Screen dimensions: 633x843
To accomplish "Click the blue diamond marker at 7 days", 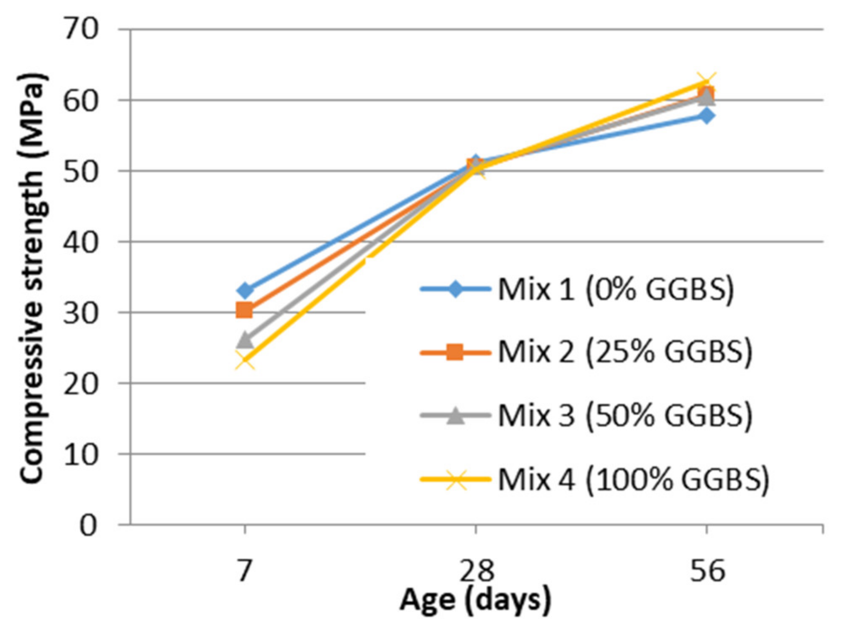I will [x=245, y=290].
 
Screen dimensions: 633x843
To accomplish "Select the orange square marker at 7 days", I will [x=244, y=310].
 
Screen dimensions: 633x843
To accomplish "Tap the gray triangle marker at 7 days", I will [x=245, y=339].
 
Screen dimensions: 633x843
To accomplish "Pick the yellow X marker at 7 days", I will [x=245, y=361].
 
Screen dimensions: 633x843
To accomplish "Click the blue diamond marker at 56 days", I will [x=707, y=115].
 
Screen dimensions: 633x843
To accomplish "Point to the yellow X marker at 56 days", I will [x=707, y=82].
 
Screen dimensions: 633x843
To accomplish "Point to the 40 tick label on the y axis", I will [x=81, y=242].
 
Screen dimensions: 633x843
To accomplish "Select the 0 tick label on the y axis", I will [x=88, y=526].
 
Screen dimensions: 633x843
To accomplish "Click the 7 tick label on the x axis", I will [x=245, y=571].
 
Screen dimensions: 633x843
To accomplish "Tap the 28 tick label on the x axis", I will [x=476, y=571].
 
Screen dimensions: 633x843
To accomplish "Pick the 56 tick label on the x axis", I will [x=707, y=571].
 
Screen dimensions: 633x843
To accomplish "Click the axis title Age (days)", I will [x=475, y=600].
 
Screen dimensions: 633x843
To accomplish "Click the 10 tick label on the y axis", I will [x=81, y=455].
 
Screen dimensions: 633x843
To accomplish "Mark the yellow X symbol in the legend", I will [x=455, y=479].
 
